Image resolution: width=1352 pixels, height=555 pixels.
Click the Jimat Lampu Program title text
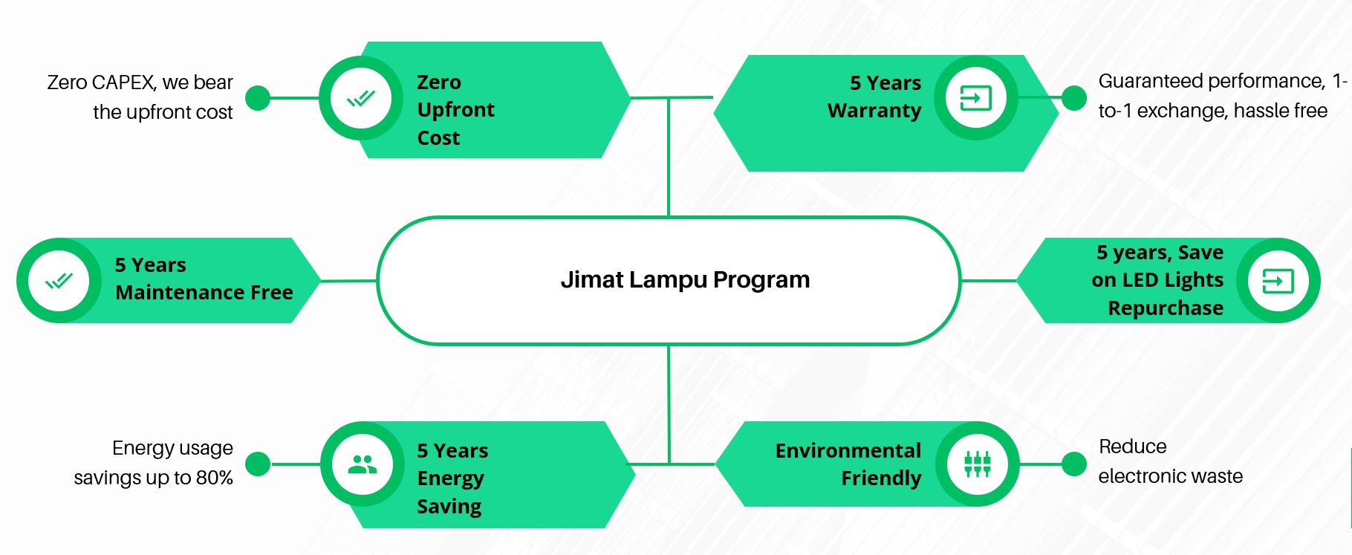point(685,280)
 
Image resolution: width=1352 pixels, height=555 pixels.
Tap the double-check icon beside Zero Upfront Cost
point(361,98)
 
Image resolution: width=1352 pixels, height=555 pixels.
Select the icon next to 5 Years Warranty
point(976,97)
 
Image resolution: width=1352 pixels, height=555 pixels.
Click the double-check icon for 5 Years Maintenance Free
point(59,281)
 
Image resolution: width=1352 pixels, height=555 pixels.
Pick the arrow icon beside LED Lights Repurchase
point(1278,281)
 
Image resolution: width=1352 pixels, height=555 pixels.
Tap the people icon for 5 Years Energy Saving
point(363,464)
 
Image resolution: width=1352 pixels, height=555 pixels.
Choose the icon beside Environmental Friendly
point(978,464)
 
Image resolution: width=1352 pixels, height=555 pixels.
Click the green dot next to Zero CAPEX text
point(258,97)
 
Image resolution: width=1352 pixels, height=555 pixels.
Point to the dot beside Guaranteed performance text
point(1074,97)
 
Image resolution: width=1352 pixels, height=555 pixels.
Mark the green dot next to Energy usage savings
point(258,464)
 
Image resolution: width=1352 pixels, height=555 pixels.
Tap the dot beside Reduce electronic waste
point(1074,464)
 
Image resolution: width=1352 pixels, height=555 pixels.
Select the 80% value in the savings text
point(215,478)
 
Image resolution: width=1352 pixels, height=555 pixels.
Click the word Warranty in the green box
point(874,111)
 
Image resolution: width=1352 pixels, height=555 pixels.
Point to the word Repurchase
point(1166,308)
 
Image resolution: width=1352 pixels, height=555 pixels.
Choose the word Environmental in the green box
point(848,451)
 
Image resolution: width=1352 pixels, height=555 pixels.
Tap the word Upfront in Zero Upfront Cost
point(455,110)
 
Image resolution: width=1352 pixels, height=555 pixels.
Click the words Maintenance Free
point(204,293)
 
